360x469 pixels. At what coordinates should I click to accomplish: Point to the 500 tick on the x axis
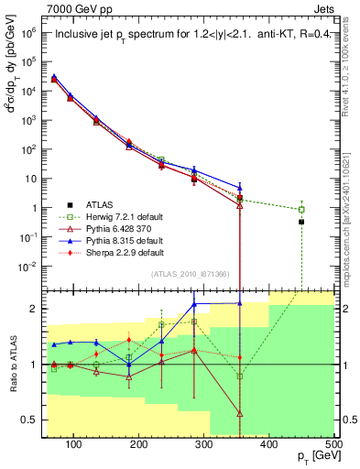pyautogui.click(x=334, y=444)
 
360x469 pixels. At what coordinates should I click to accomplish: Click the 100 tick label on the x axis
pyautogui.click(x=73, y=444)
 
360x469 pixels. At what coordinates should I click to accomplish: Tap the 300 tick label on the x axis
pyautogui.click(x=203, y=444)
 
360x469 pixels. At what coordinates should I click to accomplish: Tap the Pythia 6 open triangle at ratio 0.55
pyautogui.click(x=239, y=414)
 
